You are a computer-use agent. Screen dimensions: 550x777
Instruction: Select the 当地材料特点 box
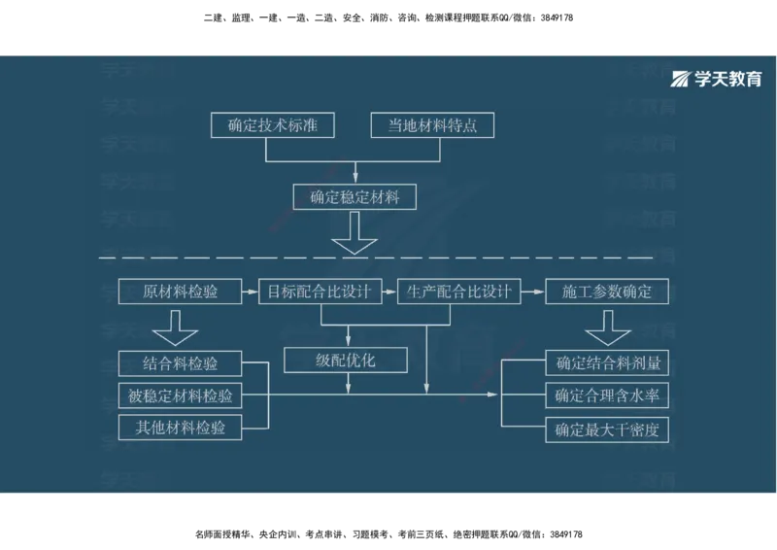[x=432, y=125]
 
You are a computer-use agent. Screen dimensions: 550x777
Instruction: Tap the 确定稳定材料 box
[x=355, y=197]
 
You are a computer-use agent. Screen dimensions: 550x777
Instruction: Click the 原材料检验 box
[x=180, y=292]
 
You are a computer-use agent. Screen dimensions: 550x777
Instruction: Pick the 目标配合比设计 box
[x=320, y=292]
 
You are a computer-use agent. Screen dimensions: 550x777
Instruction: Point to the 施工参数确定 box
[x=607, y=292]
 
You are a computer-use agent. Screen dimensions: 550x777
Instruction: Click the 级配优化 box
[x=346, y=360]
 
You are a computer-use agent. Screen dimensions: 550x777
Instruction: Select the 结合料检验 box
[x=180, y=364]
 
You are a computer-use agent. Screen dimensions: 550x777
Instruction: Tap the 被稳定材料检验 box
[x=180, y=395]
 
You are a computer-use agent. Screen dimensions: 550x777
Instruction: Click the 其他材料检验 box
[x=180, y=427]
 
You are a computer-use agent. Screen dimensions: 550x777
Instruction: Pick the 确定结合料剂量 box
[x=607, y=364]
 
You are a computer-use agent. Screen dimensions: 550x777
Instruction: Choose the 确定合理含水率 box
[x=607, y=395]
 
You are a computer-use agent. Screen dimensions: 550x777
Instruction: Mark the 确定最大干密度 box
[x=607, y=429]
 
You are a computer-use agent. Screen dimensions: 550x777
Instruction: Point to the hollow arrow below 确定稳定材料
[x=355, y=234]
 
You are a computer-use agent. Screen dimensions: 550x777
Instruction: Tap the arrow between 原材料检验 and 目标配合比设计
[x=250, y=292]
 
